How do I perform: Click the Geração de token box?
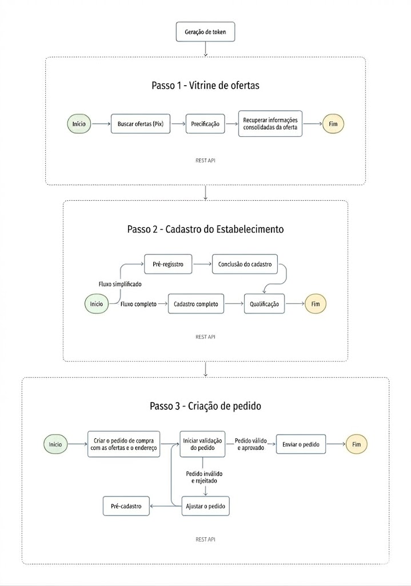pos(205,32)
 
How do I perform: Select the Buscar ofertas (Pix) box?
pos(141,124)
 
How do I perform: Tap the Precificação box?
pos(205,124)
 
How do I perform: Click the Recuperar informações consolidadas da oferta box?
pos(270,124)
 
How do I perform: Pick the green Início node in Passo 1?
pos(79,124)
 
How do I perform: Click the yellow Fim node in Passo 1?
pos(333,124)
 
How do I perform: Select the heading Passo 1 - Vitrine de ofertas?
pos(205,85)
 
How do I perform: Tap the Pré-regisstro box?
pos(168,264)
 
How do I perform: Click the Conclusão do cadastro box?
pos(245,264)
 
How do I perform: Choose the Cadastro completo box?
pos(196,304)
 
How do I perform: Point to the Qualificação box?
pos(264,304)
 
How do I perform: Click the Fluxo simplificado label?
pos(120,284)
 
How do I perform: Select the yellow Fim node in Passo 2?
pos(316,304)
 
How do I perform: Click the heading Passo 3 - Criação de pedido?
pos(205,406)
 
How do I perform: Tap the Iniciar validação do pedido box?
pos(203,444)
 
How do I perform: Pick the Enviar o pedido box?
pos(301,444)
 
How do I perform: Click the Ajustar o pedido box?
pos(206,506)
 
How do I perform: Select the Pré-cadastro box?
pos(126,506)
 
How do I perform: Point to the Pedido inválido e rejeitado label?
pos(204,477)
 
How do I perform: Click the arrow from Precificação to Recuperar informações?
pos(232,124)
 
